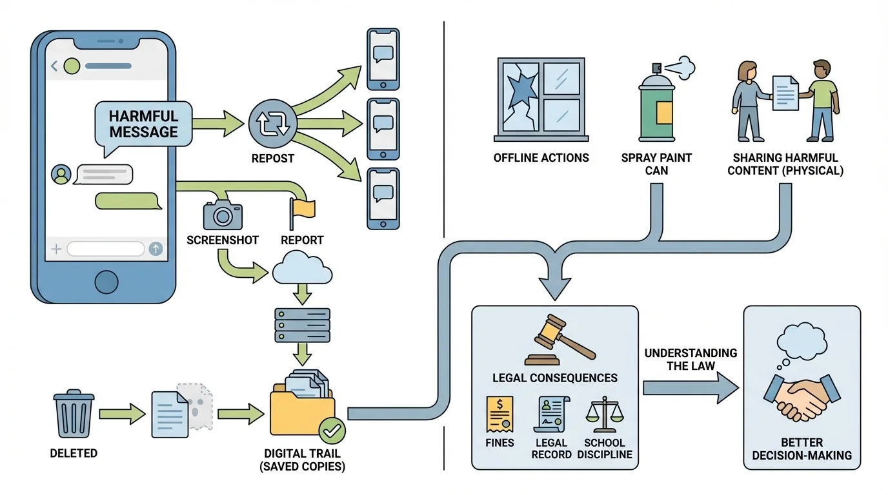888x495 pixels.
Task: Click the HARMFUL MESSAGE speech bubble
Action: pyautogui.click(x=143, y=124)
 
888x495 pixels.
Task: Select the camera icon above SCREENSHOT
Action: pyautogui.click(x=222, y=215)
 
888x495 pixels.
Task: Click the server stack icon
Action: pyautogui.click(x=302, y=324)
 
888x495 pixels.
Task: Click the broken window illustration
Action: pyautogui.click(x=541, y=99)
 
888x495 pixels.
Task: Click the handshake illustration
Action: pyautogui.click(x=801, y=394)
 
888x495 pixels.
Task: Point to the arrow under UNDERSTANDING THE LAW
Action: pyautogui.click(x=690, y=388)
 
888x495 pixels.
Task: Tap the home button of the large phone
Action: pyautogui.click(x=106, y=282)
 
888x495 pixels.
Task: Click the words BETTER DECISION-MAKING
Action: pyautogui.click(x=802, y=449)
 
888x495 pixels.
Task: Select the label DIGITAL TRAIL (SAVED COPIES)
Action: pyautogui.click(x=303, y=460)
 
